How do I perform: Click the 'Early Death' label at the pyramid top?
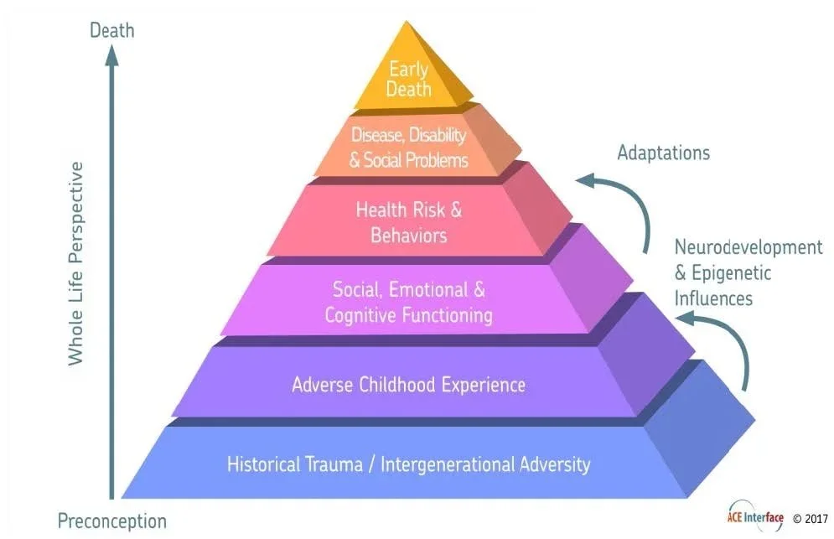point(408,80)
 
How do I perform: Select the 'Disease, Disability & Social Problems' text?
point(408,147)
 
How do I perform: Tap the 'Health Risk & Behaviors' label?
point(408,221)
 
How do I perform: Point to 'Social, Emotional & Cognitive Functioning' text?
point(408,303)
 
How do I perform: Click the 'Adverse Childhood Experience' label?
point(408,385)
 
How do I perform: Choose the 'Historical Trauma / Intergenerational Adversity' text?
point(408,464)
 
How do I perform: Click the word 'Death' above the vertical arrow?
point(111,31)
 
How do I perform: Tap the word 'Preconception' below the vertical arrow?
point(111,521)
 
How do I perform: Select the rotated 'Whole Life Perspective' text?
point(75,263)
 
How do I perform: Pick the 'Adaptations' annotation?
point(663,153)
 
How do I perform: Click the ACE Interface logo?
point(754,517)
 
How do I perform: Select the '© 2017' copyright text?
point(810,518)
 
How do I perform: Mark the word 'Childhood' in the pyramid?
point(394,385)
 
